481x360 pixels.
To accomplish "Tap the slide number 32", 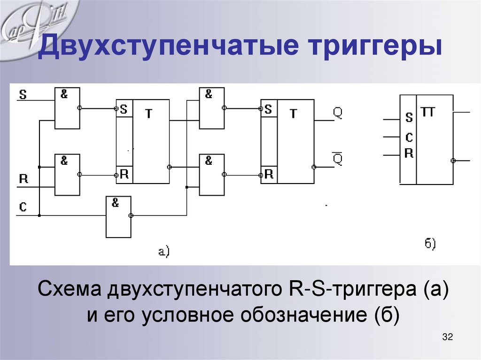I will click(447, 337).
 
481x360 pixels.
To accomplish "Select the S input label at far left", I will click(23, 95).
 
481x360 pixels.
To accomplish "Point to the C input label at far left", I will click(23, 207).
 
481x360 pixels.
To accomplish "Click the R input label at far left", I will click(23, 179).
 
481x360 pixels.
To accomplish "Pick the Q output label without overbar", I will click(338, 113).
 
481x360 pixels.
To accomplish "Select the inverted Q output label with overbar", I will click(338, 159).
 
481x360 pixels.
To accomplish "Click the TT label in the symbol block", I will click(428, 112).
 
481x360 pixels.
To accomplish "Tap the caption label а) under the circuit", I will click(163, 252).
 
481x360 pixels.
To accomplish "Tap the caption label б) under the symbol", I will click(430, 244).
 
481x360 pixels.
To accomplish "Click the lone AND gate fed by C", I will click(118, 217).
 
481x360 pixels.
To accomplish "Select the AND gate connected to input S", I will click(67, 108).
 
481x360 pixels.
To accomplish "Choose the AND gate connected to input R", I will click(67, 175).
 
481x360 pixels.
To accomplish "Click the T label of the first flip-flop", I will click(148, 114).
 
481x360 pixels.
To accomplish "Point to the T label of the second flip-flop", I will click(294, 114).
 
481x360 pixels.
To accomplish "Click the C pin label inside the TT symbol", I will click(409, 137).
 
